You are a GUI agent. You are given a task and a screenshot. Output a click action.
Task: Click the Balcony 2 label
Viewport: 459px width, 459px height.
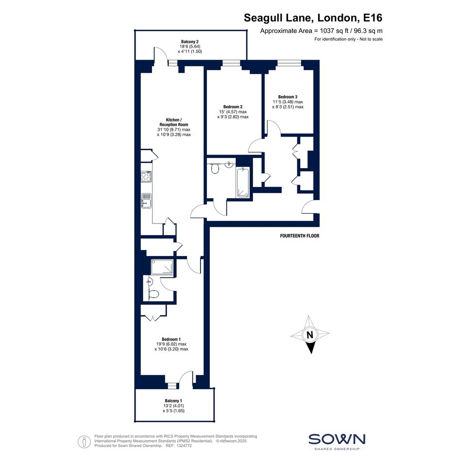coord(190,42)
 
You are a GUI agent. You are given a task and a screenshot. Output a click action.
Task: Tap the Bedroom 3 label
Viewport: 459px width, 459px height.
coord(288,97)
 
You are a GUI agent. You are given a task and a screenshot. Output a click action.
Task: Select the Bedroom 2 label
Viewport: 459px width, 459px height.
coord(233,107)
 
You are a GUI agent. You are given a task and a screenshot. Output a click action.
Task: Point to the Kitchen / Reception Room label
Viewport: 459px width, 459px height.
coord(174,122)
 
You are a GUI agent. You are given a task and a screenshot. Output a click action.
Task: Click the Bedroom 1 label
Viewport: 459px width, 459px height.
coord(171,340)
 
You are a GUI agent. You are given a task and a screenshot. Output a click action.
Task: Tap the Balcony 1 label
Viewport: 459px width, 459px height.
coord(173,401)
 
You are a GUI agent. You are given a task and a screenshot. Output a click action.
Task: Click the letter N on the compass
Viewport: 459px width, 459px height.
coord(310,334)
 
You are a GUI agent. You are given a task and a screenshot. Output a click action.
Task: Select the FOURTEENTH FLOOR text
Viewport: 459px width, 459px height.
coord(300,236)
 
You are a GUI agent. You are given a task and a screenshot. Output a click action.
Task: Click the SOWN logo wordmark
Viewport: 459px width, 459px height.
coord(337,439)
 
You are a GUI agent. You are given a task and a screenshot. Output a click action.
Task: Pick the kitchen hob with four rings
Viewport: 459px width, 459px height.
coord(146,176)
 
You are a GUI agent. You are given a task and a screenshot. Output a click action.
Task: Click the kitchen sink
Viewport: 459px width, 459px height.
coord(146,201)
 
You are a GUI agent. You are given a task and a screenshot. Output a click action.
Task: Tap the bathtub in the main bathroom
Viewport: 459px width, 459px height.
coord(243,182)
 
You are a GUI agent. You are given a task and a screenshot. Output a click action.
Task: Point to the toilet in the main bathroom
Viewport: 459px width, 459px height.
coord(215,169)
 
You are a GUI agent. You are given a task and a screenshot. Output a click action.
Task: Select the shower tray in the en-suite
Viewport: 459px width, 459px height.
coord(162,267)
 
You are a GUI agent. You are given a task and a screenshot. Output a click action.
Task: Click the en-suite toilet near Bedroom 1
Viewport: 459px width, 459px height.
coord(153,293)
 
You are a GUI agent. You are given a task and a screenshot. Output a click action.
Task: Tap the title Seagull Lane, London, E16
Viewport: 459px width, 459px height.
coord(313,18)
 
